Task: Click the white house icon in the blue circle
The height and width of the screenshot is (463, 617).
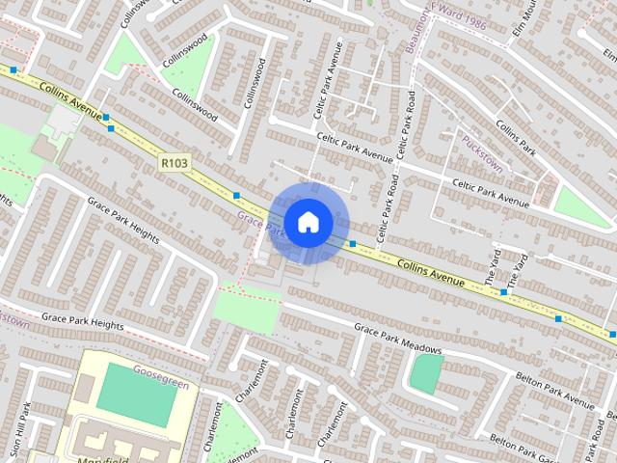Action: (x=308, y=222)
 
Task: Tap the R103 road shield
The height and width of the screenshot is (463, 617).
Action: (x=173, y=166)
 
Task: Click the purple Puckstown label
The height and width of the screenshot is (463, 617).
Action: (x=482, y=152)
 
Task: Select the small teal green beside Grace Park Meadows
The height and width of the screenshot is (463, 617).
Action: (x=425, y=373)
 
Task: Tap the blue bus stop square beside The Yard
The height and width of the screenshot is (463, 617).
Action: (x=503, y=291)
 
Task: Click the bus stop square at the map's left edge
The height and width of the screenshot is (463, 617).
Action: (x=13, y=69)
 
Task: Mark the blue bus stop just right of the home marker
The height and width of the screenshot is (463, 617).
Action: (x=353, y=244)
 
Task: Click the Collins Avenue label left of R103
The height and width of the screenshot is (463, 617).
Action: (x=72, y=99)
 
